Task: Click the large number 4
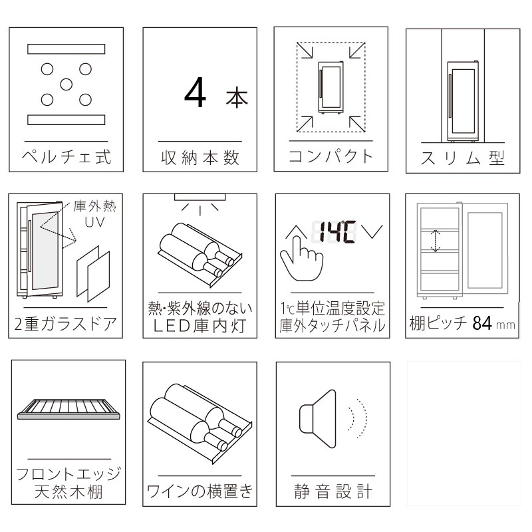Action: coord(198,94)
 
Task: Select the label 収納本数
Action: coord(200,158)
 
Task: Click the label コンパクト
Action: coord(331,157)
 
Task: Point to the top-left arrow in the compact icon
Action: coord(305,50)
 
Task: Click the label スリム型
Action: coord(464,159)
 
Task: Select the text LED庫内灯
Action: coord(200,325)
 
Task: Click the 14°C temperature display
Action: coord(335,231)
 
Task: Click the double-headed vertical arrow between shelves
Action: coord(435,241)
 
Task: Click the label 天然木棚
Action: coord(68,493)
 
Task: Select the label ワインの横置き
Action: coord(200,492)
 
